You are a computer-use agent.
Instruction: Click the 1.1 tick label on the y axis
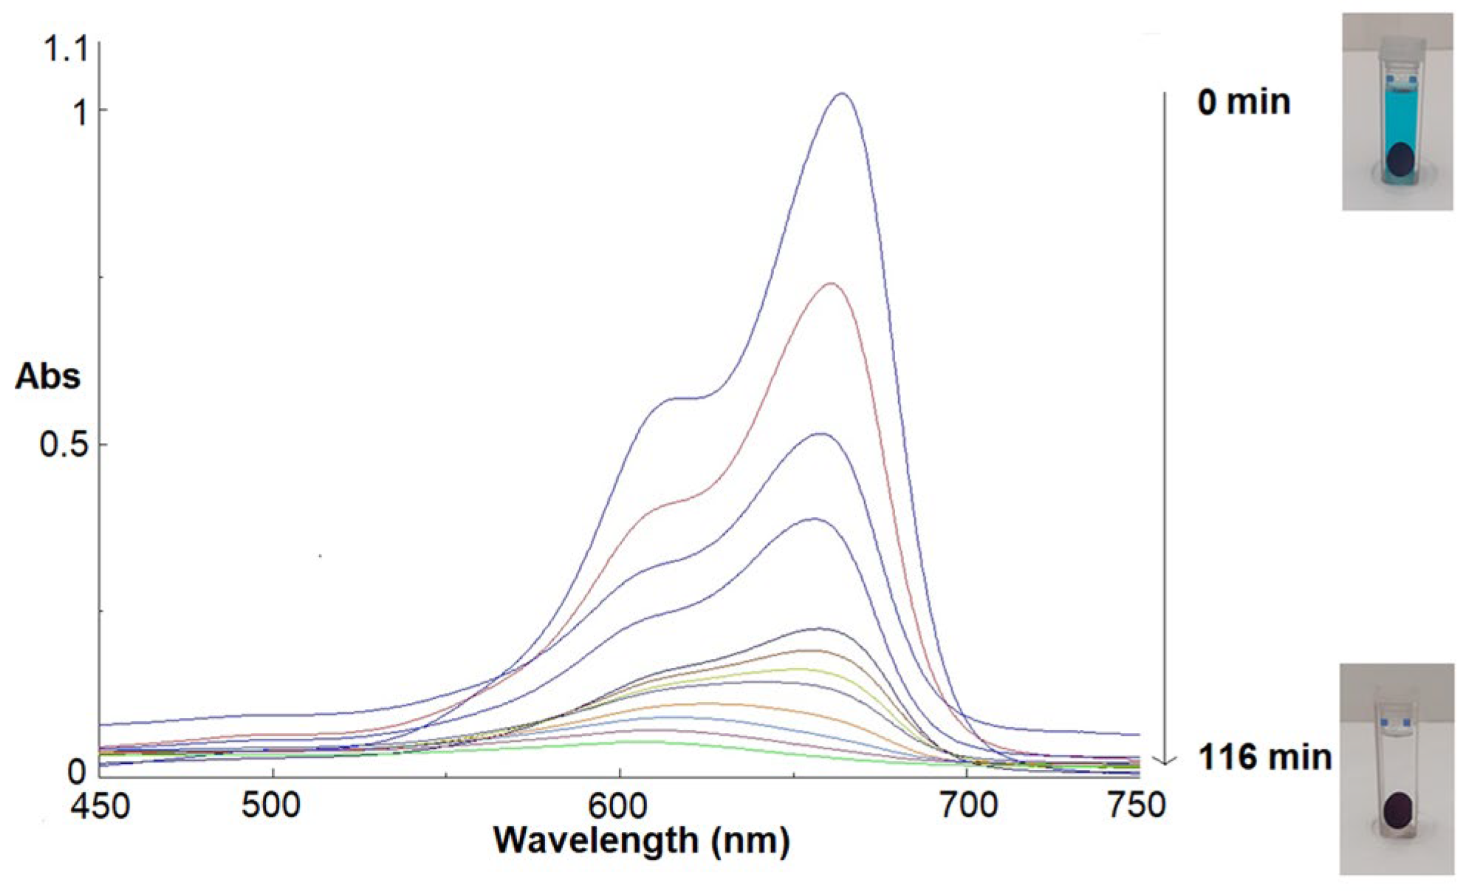[x=66, y=49]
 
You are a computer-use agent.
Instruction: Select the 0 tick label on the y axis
[x=76, y=772]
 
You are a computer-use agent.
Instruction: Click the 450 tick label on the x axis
[x=100, y=805]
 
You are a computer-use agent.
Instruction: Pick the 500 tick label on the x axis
[x=272, y=805]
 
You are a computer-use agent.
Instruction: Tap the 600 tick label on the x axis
[x=619, y=805]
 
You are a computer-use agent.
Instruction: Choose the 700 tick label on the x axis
[x=968, y=805]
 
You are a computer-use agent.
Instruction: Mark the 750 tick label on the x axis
[x=1137, y=805]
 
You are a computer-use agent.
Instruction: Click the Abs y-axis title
[x=47, y=377]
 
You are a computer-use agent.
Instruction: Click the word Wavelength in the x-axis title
[x=595, y=840]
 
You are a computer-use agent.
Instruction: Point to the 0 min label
[x=1244, y=102]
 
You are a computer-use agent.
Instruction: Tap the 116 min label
[x=1265, y=757]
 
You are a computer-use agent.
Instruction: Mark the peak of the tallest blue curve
[x=841, y=94]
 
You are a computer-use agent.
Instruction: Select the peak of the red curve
[x=832, y=283]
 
